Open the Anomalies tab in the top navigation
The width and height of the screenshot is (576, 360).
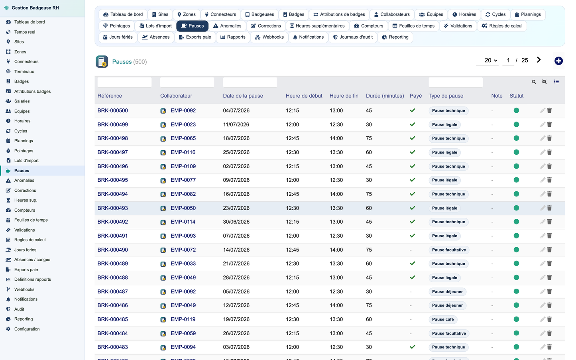[227, 26]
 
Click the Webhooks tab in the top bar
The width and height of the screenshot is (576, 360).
[269, 37]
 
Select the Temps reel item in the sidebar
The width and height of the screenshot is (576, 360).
[25, 32]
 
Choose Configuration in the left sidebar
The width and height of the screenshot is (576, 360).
[27, 329]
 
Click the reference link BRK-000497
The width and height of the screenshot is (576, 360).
[113, 152]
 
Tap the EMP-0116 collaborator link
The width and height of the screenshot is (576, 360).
[183, 152]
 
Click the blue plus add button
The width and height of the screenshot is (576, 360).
[558, 61]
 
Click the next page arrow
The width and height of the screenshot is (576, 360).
[539, 60]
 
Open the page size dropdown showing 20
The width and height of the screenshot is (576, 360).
[491, 61]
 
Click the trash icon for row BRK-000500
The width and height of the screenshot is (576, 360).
[550, 110]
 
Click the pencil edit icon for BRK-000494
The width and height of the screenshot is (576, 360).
[543, 194]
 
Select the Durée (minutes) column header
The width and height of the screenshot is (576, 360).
[385, 96]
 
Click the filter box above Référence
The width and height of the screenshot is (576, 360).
[124, 82]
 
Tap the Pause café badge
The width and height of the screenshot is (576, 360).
[443, 319]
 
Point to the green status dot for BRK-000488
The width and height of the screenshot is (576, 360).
[516, 277]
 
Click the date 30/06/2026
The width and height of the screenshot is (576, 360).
[236, 222]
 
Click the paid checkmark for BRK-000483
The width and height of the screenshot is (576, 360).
[413, 347]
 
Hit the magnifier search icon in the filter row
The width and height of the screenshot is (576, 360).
[534, 82]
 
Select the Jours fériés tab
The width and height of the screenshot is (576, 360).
[118, 37]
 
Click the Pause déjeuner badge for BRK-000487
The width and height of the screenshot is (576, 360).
[447, 291]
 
